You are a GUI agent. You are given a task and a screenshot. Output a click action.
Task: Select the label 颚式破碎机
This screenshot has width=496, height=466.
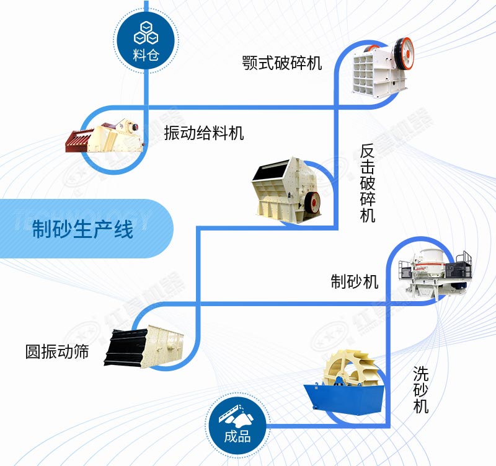click(x=283, y=63)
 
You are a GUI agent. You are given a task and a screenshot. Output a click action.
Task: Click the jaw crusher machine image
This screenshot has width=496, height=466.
click(x=383, y=65)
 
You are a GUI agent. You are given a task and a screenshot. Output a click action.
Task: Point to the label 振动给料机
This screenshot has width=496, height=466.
click(x=204, y=133)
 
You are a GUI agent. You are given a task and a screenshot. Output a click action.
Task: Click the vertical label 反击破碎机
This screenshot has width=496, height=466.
click(x=368, y=183)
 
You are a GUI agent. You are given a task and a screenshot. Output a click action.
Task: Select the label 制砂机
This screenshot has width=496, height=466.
click(x=354, y=281)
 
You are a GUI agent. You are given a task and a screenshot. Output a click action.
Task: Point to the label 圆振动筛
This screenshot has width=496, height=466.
click(x=57, y=351)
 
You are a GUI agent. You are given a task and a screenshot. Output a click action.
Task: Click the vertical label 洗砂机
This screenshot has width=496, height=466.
click(x=422, y=390)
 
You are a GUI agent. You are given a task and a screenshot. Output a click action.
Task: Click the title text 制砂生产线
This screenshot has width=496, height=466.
click(x=82, y=231)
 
